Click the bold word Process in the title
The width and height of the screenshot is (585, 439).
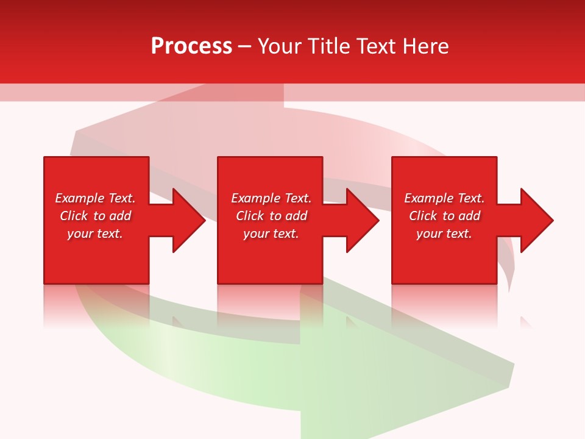(x=191, y=46)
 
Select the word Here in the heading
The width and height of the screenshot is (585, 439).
(x=425, y=46)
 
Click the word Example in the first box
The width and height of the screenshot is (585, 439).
(x=80, y=198)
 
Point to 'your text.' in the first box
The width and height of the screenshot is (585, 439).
(x=95, y=234)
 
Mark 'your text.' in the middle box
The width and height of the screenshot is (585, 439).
(x=271, y=234)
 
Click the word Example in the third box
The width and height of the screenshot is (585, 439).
(x=429, y=198)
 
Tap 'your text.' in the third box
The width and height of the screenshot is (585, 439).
(x=444, y=234)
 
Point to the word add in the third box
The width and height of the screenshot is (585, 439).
(x=469, y=216)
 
